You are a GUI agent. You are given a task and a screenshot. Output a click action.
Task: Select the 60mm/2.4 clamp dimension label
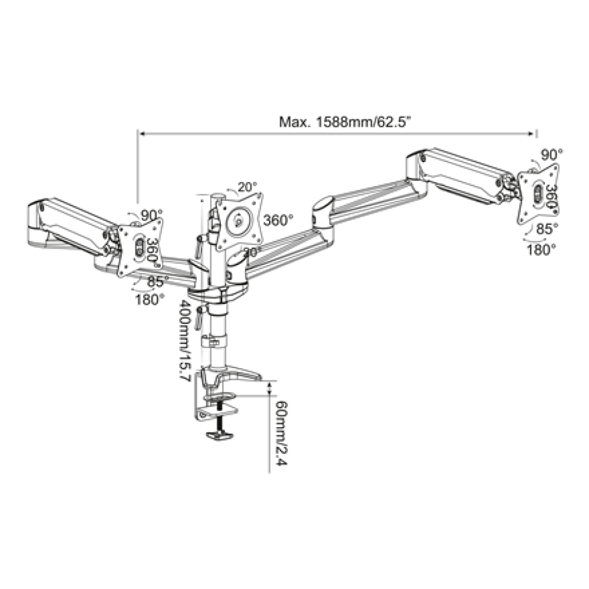279,433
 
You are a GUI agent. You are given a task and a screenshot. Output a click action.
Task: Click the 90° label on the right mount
552,154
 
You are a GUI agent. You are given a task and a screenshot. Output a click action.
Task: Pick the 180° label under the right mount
541,249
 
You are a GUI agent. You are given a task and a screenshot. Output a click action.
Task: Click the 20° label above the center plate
248,187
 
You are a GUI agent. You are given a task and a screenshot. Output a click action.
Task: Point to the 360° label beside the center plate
278,220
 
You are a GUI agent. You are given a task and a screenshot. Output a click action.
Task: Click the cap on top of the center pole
217,196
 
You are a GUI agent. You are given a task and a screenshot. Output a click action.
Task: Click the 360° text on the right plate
551,195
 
